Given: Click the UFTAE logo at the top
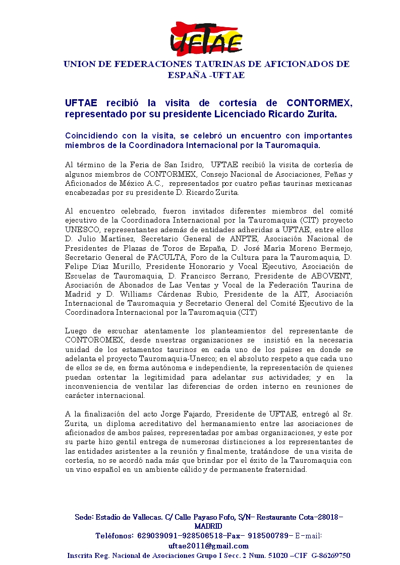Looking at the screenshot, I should click(x=206, y=38).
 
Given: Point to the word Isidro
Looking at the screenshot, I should click(x=190, y=164).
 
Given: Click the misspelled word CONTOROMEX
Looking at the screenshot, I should click(x=94, y=340).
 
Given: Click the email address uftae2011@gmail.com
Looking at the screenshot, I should click(x=208, y=546).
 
